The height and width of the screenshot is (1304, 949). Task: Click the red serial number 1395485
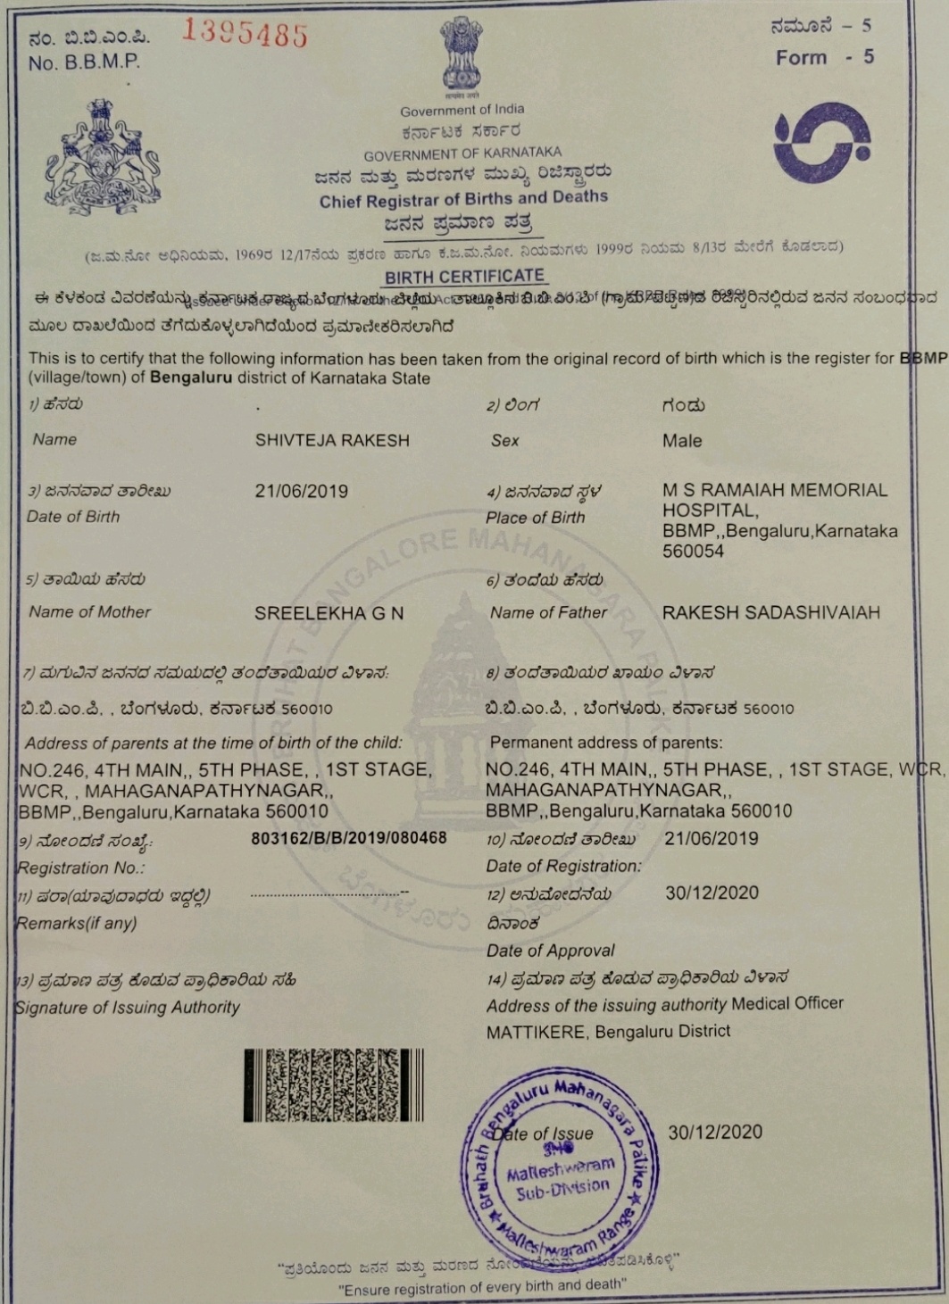click(x=246, y=34)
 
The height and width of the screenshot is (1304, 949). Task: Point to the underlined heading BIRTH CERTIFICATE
click(x=464, y=277)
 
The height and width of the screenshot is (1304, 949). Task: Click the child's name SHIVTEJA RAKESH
click(x=332, y=440)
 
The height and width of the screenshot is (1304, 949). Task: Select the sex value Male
click(x=682, y=441)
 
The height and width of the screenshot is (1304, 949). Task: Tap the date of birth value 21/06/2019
click(x=302, y=491)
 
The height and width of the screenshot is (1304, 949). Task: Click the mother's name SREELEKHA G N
click(x=329, y=613)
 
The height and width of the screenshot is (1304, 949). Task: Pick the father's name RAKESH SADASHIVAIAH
click(x=771, y=612)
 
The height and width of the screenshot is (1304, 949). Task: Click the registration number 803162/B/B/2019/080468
click(x=349, y=838)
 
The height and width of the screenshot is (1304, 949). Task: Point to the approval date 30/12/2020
click(x=712, y=893)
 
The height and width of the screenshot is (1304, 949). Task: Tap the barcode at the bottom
click(x=333, y=1085)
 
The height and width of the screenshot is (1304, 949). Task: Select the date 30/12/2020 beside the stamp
click(x=715, y=1132)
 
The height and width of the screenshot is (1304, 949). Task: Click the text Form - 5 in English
click(x=824, y=57)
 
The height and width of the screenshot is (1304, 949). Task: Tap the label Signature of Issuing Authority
click(x=128, y=1007)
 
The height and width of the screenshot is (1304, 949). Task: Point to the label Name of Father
click(x=548, y=612)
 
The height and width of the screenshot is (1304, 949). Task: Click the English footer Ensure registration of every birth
click(x=482, y=1287)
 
